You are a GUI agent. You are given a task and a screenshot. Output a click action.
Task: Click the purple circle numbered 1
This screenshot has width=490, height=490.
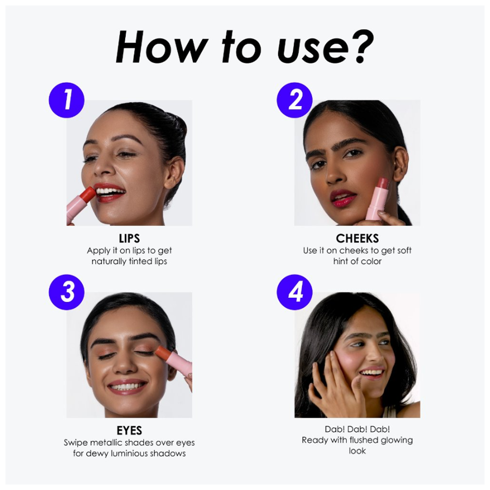pos(66,100)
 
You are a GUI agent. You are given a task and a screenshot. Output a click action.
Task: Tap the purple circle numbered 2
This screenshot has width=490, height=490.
pos(295,100)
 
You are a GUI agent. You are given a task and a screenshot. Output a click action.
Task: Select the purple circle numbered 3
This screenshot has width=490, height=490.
pos(66,292)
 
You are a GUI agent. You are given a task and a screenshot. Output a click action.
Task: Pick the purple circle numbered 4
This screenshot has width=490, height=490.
pos(295,292)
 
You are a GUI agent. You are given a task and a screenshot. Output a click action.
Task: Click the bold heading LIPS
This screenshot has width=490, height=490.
pos(130,239)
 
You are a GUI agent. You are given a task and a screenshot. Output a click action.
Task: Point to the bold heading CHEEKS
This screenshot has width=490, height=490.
pos(357,239)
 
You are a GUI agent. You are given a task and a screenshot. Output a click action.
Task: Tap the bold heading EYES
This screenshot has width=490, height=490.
pos(130,431)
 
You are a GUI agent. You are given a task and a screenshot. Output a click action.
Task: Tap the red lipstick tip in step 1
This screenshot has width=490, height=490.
pos(88,194)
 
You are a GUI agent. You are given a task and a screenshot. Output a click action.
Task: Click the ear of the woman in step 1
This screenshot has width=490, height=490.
pos(174,171)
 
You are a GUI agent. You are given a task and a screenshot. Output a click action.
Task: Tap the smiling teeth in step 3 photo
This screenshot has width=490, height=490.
pos(127,387)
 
